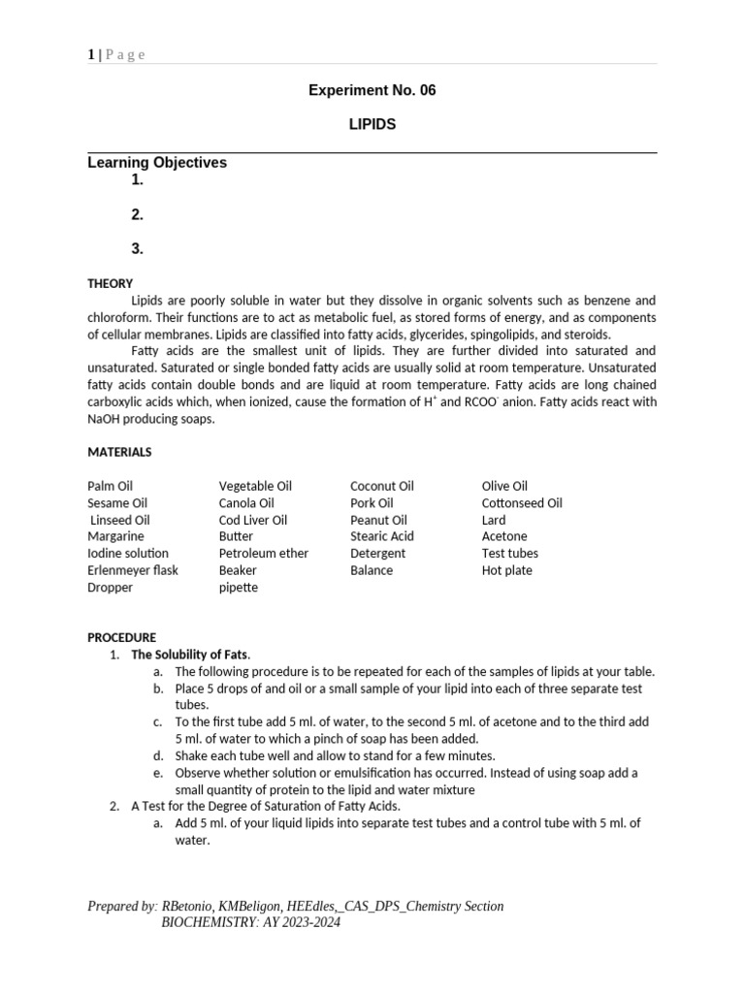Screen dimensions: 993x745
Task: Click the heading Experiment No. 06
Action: coord(372,90)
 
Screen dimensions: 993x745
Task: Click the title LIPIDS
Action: coord(372,125)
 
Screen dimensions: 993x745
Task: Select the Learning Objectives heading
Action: coord(157,163)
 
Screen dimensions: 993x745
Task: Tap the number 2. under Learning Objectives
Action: coord(138,214)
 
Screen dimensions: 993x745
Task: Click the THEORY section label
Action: coord(110,284)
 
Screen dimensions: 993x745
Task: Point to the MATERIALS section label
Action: coord(119,452)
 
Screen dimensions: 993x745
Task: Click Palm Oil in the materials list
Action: coord(110,486)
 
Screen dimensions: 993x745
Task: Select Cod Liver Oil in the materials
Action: coord(252,520)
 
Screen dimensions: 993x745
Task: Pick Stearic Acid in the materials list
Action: coord(381,536)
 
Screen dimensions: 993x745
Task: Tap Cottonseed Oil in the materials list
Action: coord(521,502)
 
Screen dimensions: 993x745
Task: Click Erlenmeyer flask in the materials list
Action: coord(133,570)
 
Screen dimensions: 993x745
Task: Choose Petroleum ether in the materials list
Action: coord(263,553)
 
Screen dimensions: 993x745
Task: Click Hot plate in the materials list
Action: coord(506,570)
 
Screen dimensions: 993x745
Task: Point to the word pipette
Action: coord(238,588)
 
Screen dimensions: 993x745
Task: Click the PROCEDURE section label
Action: coord(121,638)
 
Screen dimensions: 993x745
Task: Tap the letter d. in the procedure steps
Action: coord(158,755)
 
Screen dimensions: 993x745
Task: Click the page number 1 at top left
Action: coord(90,54)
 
